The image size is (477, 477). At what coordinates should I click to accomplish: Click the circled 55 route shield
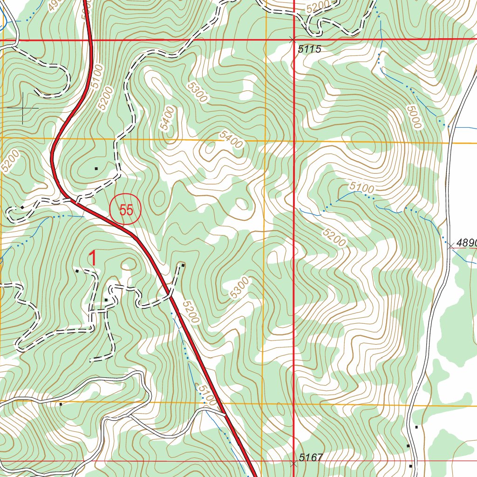(x=125, y=210)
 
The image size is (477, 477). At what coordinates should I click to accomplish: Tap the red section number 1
(x=93, y=259)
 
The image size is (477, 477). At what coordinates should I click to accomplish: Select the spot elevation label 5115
(x=310, y=49)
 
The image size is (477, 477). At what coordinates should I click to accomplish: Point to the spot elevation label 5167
(x=311, y=458)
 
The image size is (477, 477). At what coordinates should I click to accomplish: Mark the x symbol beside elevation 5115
(x=293, y=40)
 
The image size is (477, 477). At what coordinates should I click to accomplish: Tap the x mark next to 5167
(x=293, y=464)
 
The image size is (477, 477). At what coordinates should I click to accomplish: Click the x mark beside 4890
(x=450, y=245)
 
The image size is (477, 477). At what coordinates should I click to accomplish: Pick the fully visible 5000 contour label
(x=413, y=116)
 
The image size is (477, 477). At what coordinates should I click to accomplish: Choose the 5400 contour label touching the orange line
(x=232, y=139)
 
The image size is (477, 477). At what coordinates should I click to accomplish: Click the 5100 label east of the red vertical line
(x=362, y=188)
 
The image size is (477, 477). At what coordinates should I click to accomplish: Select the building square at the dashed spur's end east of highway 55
(x=183, y=265)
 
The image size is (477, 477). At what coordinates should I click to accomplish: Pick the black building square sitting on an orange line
(x=61, y=404)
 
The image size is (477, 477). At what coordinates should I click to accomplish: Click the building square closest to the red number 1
(x=77, y=270)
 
